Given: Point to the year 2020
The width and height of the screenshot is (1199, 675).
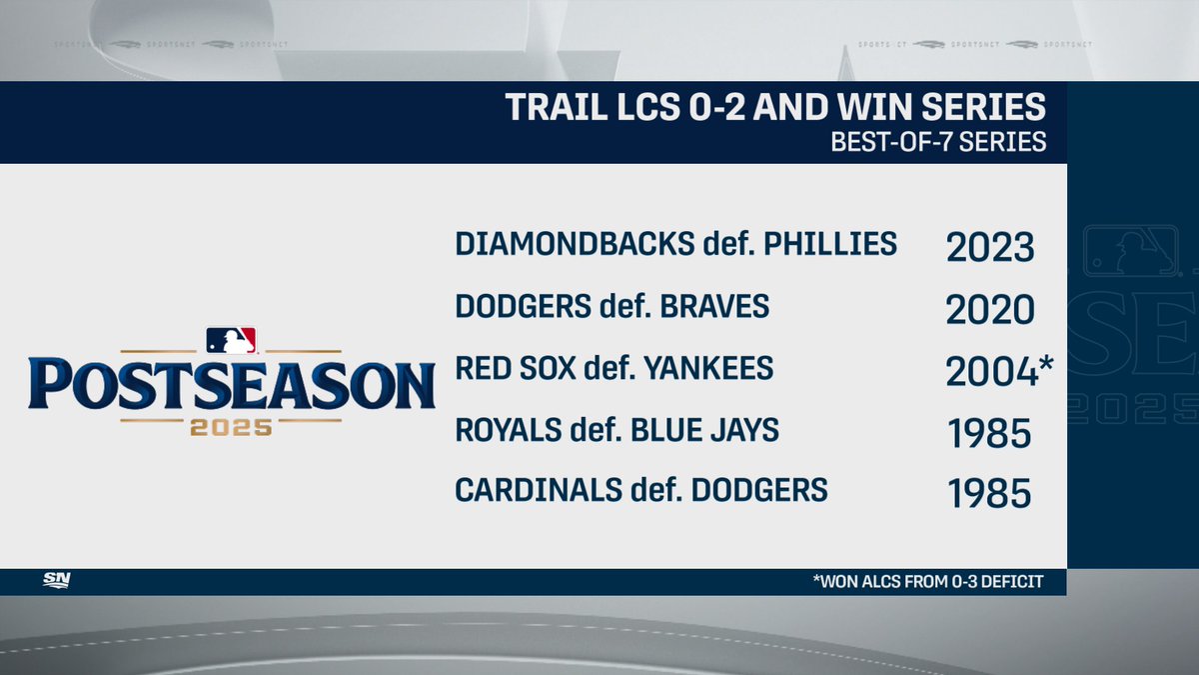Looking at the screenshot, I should (x=988, y=311).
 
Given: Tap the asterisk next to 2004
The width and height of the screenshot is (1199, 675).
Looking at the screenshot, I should (x=1045, y=364).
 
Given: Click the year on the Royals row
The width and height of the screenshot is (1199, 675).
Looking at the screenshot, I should (x=988, y=435).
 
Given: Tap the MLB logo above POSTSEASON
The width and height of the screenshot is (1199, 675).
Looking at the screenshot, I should (x=231, y=340).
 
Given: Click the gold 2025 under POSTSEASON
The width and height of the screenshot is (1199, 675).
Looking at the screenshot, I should (x=231, y=427).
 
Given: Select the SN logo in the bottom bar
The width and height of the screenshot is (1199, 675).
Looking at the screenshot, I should (x=56, y=581).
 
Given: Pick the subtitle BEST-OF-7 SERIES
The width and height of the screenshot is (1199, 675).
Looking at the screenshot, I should (x=938, y=141).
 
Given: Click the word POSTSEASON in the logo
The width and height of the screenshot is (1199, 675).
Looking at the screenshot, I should (x=231, y=384).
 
